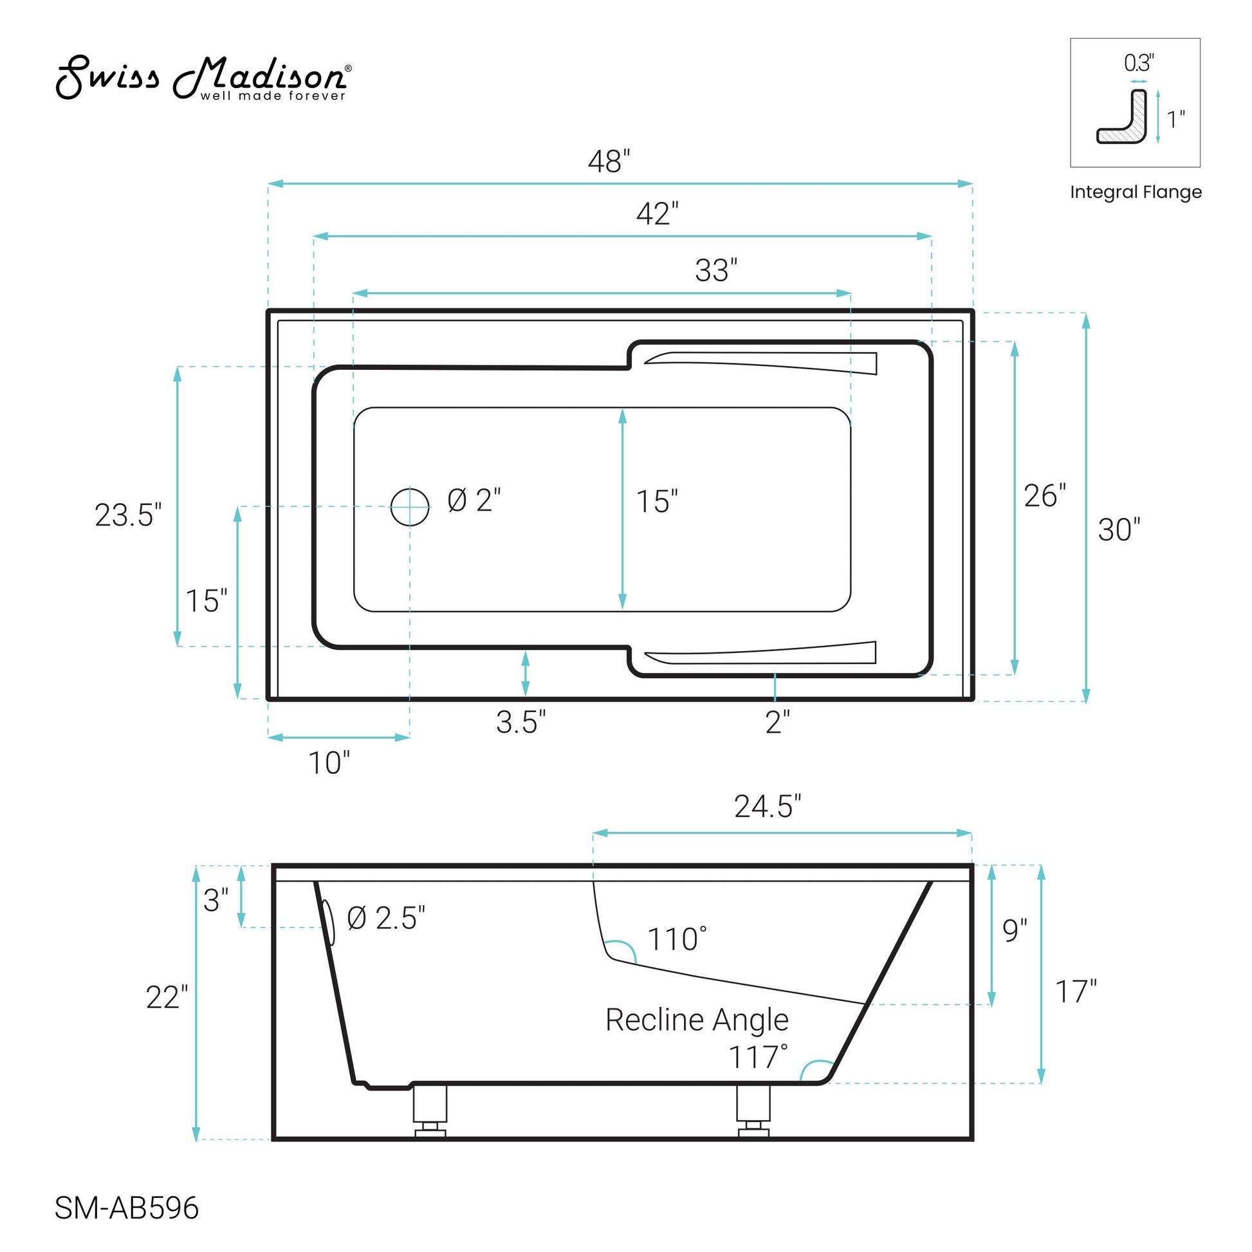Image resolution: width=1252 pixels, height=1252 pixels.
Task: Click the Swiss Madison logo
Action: (203, 78)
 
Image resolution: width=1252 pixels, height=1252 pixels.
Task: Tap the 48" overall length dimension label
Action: (609, 161)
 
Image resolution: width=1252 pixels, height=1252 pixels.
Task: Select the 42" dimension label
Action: (657, 214)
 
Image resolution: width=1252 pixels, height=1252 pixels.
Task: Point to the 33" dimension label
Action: (716, 270)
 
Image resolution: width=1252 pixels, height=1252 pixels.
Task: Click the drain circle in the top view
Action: (410, 506)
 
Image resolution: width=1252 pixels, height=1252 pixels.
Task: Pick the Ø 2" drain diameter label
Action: (474, 501)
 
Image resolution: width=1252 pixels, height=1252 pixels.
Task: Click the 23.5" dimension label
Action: (128, 515)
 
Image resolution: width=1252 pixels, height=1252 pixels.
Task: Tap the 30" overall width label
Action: (1119, 529)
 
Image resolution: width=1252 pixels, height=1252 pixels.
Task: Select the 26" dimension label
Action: (1045, 496)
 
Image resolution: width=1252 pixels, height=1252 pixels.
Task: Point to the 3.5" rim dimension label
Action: (521, 722)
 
